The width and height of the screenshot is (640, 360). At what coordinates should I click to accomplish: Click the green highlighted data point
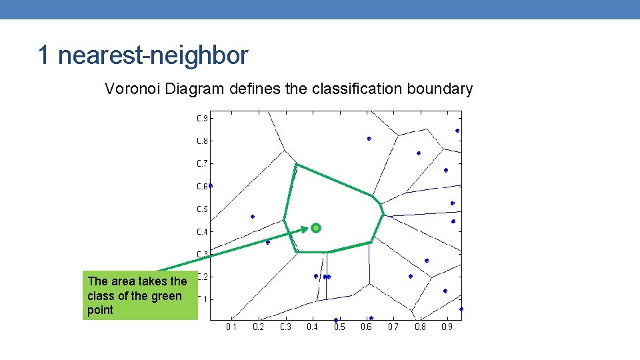pos(316,228)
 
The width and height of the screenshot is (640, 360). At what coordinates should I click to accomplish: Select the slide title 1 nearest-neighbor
pos(143,55)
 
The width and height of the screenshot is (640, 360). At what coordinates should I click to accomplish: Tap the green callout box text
pos(137,295)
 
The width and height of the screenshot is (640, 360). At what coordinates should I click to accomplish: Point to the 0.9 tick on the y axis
pos(202,119)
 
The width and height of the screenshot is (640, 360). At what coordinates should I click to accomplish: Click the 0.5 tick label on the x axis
pos(339,327)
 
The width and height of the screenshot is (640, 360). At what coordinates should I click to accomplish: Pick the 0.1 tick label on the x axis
pos(231,327)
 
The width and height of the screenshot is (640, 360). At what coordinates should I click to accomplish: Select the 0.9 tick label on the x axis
pos(447,327)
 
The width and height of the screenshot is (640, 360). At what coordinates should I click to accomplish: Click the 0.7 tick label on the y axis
pos(202,163)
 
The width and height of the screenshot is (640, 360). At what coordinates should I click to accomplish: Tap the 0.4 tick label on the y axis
pos(202,232)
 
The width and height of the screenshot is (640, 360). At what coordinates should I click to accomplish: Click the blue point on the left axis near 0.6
pos(211,185)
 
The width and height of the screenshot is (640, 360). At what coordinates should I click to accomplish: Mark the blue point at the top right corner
pos(457,131)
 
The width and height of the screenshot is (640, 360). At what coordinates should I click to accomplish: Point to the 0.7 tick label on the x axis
pos(393,327)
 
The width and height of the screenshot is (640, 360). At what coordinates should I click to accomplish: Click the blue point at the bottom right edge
pos(461,309)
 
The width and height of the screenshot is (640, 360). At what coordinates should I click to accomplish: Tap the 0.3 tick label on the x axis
pos(285,327)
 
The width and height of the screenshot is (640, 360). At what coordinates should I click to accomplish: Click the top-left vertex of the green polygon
pos(296,164)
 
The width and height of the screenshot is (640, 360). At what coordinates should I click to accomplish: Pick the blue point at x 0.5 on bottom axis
pos(336,320)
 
